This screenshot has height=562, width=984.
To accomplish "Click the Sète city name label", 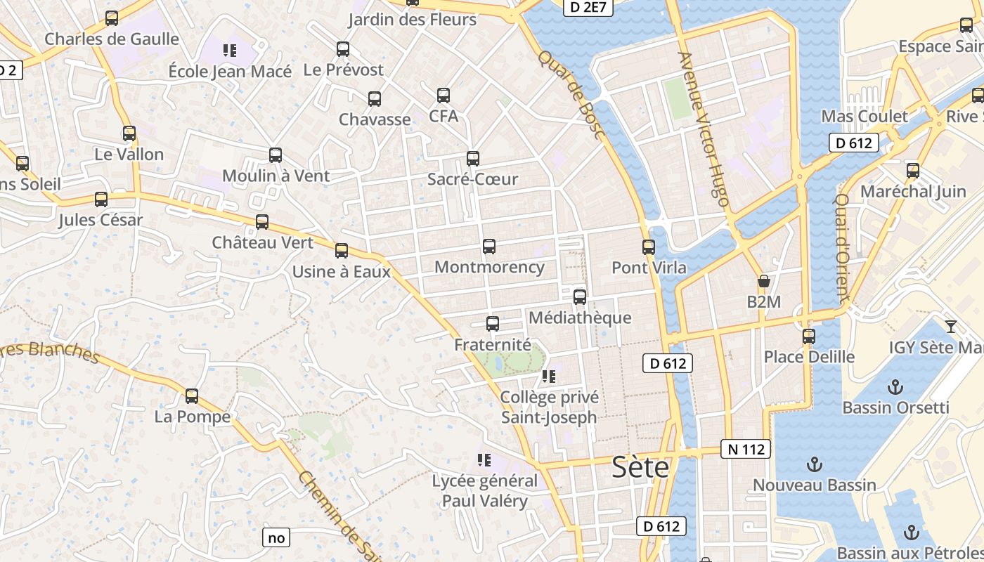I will (640, 466).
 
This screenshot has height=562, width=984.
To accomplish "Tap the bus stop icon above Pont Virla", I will (649, 247).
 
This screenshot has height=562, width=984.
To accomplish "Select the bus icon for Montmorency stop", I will (489, 247).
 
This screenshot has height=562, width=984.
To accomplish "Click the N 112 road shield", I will (746, 449).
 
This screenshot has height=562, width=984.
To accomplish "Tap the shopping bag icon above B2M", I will (764, 282).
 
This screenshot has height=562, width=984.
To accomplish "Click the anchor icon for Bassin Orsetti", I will (895, 386).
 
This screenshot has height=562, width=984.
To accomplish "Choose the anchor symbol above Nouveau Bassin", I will (814, 464).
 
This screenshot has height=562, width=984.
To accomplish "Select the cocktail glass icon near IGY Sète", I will (951, 326).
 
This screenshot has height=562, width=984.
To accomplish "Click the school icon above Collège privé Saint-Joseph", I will (549, 377).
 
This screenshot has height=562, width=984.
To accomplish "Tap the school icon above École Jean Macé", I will (229, 50).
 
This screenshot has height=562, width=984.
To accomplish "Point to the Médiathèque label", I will (580, 318).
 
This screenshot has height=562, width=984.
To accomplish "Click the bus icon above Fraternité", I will (493, 324).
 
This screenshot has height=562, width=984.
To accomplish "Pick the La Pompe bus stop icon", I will (192, 396).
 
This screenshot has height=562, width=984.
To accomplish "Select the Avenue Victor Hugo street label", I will (703, 129).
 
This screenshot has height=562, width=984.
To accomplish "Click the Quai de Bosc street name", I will (571, 94).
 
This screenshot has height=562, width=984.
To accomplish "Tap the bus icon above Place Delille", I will (809, 336).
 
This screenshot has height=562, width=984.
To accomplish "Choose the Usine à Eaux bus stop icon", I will (342, 251).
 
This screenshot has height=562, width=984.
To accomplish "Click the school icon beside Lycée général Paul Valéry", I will (484, 460).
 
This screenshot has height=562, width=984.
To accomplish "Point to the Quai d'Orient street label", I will (841, 247).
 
